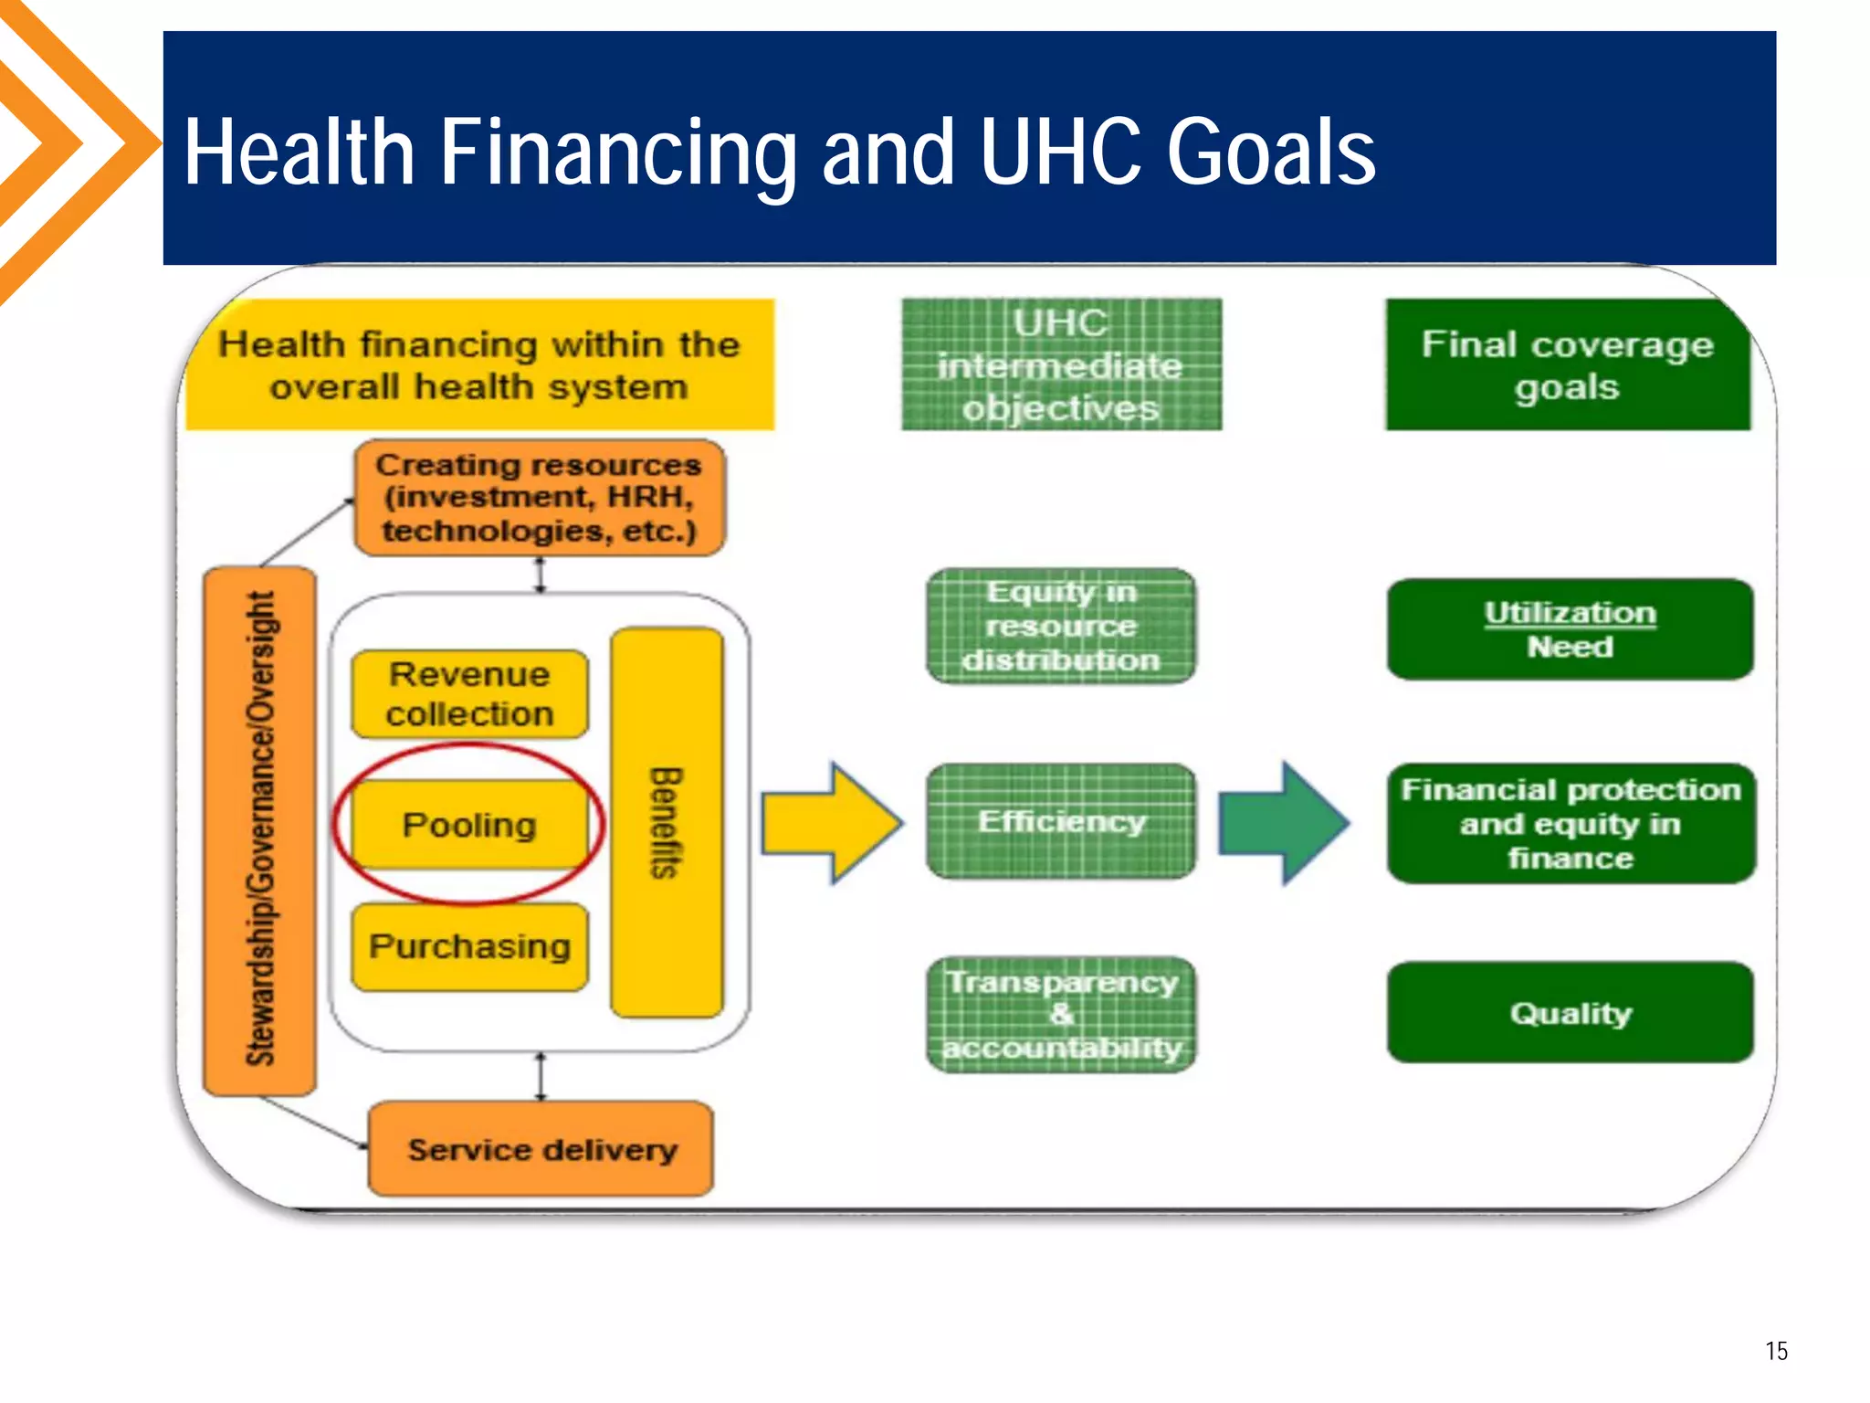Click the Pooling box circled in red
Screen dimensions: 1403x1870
(x=469, y=825)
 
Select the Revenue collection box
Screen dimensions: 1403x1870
(x=469, y=694)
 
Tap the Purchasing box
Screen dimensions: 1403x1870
(x=469, y=946)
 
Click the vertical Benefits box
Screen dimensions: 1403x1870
(x=667, y=822)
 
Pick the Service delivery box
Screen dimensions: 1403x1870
(x=541, y=1149)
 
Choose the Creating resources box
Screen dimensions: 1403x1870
(x=539, y=498)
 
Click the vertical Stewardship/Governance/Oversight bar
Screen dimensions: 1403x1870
(x=260, y=829)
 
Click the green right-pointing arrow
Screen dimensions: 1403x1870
(x=1283, y=823)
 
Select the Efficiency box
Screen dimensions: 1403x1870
(x=1061, y=822)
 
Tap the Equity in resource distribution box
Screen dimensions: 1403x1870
(x=1061, y=627)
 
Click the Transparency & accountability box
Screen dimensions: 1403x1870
(x=1061, y=1014)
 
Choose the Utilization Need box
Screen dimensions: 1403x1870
(x=1570, y=629)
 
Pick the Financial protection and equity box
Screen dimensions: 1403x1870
(x=1570, y=823)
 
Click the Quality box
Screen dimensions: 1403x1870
(x=1570, y=1012)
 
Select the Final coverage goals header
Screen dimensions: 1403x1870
(x=1567, y=364)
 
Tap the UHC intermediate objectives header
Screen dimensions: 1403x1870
(x=1061, y=364)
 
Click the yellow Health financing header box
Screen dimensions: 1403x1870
(x=479, y=364)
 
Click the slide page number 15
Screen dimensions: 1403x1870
(x=1776, y=1350)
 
